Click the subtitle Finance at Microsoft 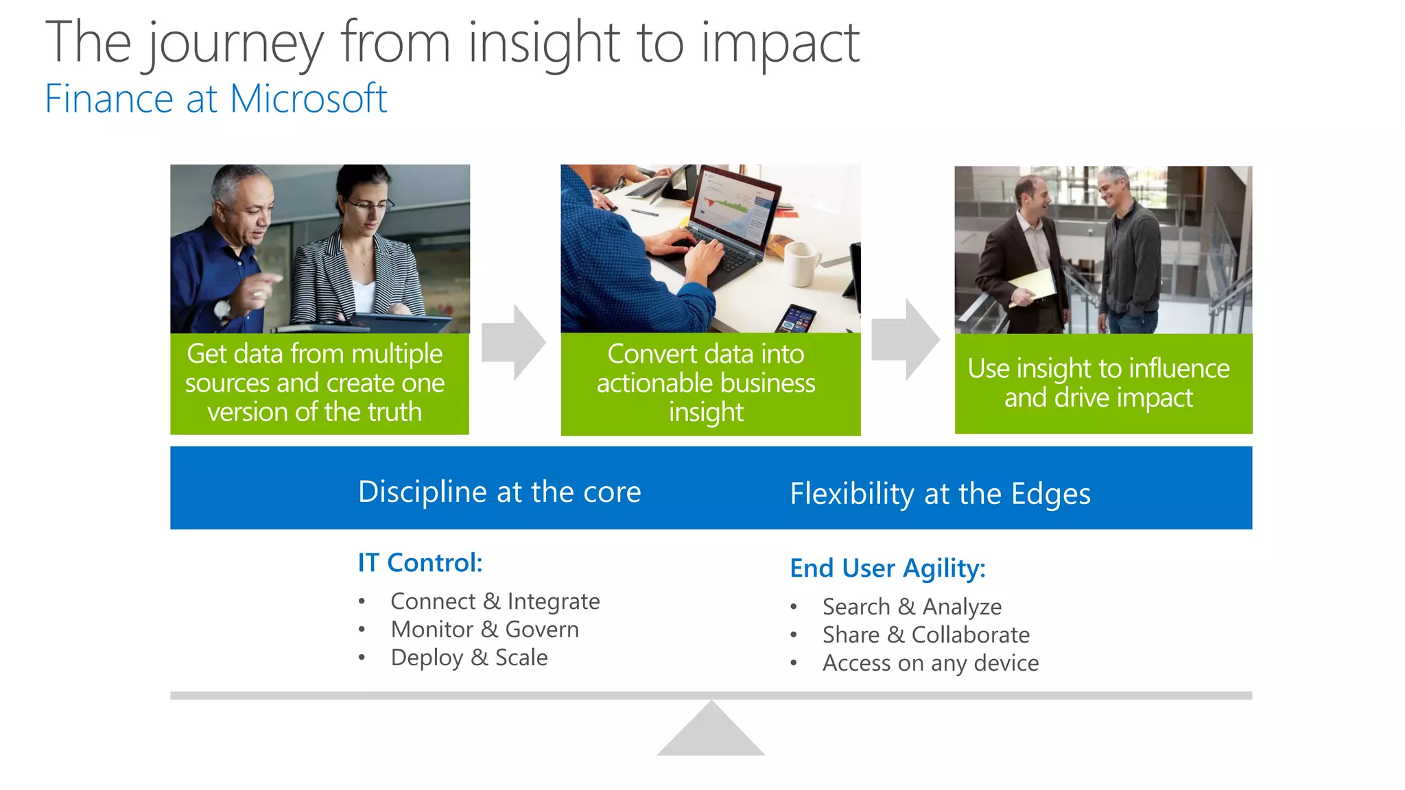click(x=215, y=99)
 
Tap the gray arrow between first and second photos click(x=513, y=343)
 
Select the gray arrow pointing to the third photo click(x=905, y=339)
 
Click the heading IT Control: click(x=420, y=563)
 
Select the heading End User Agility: click(x=887, y=568)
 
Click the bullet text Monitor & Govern click(x=484, y=630)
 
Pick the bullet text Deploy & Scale click(x=469, y=658)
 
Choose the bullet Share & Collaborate click(x=925, y=635)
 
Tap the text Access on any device click(x=930, y=663)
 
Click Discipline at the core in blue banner click(x=499, y=492)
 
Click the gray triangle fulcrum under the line click(x=711, y=734)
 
